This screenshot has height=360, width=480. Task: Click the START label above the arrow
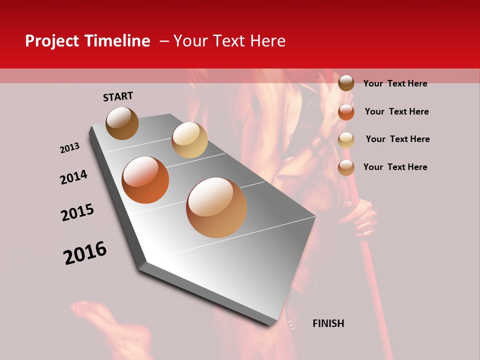coord(118,96)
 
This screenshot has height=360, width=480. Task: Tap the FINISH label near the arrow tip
coord(328,323)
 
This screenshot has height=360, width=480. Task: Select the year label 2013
coord(69,148)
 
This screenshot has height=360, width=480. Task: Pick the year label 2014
coord(73,177)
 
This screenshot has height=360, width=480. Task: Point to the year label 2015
coord(77,212)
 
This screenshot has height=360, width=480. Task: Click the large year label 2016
coord(85,253)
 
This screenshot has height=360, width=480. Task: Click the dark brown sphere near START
coord(122,123)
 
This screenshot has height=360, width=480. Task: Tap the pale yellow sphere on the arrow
coord(189,140)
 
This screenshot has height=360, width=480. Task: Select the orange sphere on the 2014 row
coord(145,180)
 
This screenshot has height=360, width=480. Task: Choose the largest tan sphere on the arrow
coord(216,207)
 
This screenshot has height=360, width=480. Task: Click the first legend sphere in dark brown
coord(346,83)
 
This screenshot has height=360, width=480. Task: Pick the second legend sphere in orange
coord(346,112)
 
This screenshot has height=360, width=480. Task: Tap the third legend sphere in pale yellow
coord(346,140)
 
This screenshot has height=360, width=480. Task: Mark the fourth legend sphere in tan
coord(346,167)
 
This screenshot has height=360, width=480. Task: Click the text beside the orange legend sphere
coord(396,111)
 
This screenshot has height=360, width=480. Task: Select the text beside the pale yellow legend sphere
coord(397,139)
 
